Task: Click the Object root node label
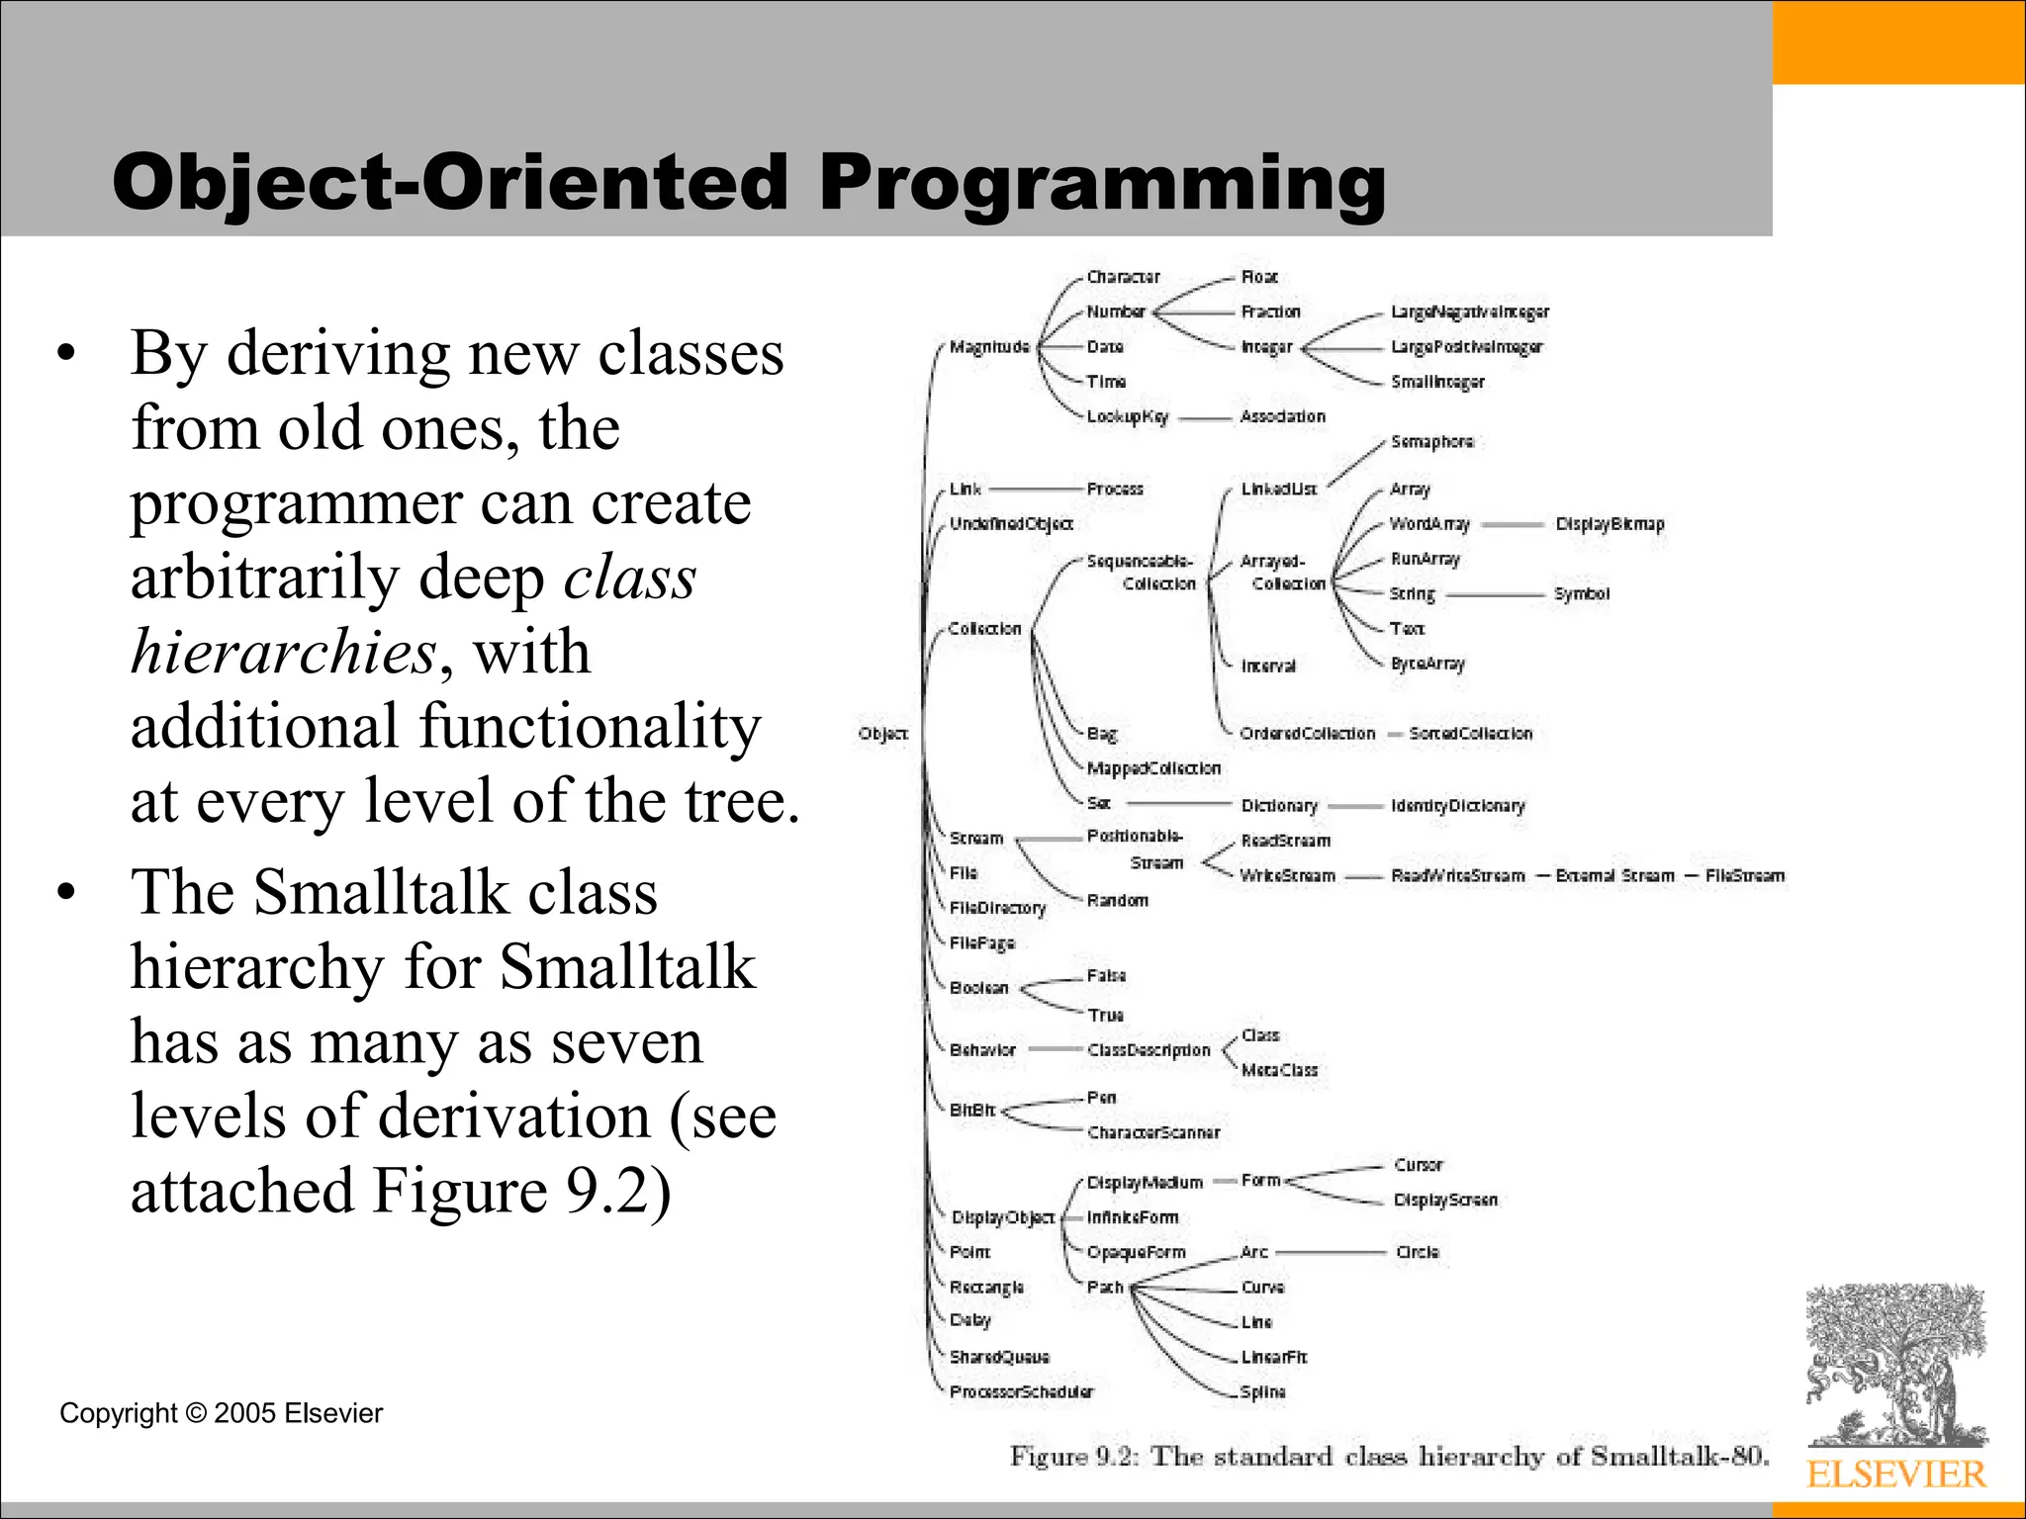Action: (882, 734)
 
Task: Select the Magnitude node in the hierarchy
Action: (989, 347)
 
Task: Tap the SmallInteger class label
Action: (1436, 382)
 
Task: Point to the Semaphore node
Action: (1431, 442)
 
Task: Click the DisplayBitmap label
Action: (1609, 524)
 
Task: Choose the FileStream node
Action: (1744, 876)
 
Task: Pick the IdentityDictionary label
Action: (1457, 806)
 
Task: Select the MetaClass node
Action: (1279, 1070)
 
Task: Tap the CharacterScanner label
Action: (1152, 1133)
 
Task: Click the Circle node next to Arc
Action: (1417, 1253)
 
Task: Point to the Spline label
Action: (1262, 1392)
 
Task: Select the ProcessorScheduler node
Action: (1021, 1392)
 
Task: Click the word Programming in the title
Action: (1102, 183)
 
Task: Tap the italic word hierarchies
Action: (283, 653)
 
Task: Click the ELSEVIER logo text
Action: (1895, 1474)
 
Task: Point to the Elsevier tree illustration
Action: (1895, 1365)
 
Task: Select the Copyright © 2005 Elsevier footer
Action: (221, 1413)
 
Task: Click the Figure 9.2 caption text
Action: (1388, 1457)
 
